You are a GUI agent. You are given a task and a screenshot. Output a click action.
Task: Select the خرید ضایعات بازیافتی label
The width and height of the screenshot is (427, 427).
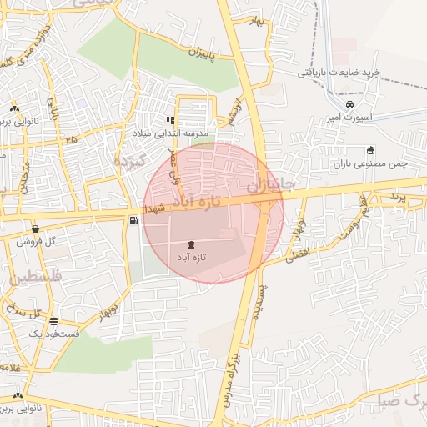[339, 73]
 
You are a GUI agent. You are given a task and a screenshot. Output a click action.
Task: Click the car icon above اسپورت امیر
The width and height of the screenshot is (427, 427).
[349, 104]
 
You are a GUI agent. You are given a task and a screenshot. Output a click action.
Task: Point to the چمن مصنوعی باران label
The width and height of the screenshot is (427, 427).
[370, 163]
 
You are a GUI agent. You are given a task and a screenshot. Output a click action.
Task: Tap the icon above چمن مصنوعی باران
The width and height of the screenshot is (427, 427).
[370, 150]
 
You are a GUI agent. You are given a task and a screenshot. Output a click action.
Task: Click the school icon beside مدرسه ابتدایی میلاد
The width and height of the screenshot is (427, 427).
[171, 120]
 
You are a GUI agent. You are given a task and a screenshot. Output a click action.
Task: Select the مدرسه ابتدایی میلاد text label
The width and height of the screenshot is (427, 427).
[170, 133]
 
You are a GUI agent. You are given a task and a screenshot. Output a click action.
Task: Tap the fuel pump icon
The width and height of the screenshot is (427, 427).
[133, 219]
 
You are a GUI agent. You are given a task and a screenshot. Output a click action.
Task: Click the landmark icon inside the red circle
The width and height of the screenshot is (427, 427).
[193, 245]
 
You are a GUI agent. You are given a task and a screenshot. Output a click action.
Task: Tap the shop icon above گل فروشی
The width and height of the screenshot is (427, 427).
[36, 229]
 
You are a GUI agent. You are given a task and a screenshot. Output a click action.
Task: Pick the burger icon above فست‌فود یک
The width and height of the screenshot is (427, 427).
[54, 321]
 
